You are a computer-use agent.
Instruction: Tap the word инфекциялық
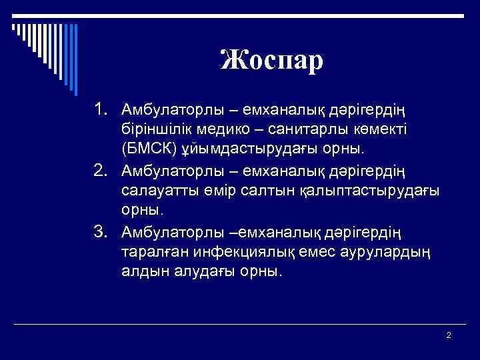pos(245,251)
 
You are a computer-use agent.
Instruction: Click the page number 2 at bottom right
pos(449,335)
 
